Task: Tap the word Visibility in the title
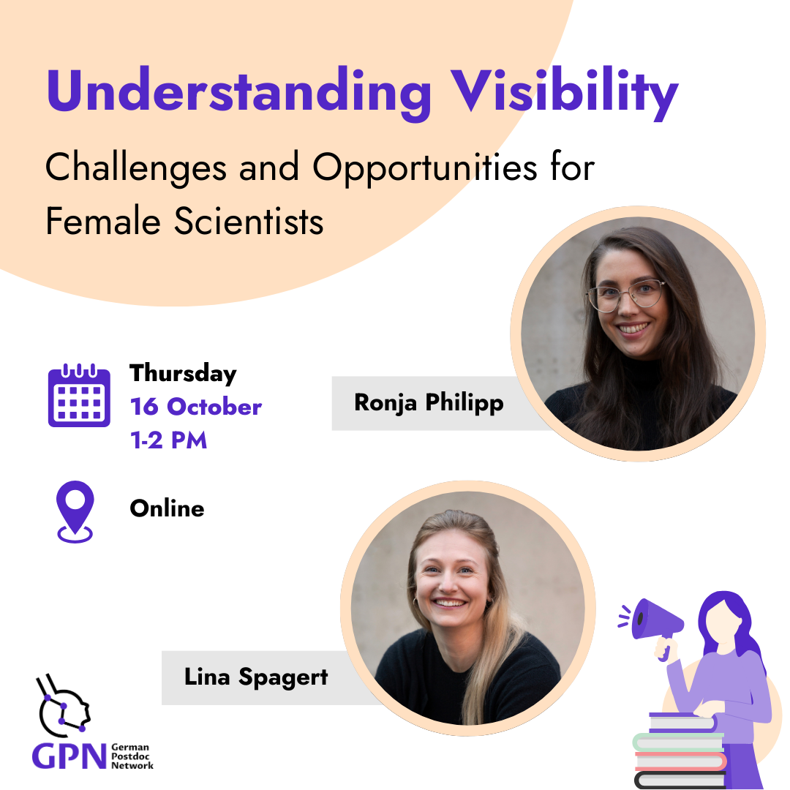[x=564, y=94]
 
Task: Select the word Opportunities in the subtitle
[x=425, y=169]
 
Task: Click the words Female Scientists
[x=184, y=221]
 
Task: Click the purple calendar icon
[x=79, y=396]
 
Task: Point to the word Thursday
[x=183, y=374]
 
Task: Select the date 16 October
[x=196, y=406]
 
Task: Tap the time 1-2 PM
[x=169, y=440]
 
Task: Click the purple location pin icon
[x=75, y=511]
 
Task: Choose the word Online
[x=168, y=508]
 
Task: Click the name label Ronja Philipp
[x=429, y=402]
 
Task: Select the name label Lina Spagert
[x=256, y=677]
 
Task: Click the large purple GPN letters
[x=69, y=756]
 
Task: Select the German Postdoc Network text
[x=132, y=756]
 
